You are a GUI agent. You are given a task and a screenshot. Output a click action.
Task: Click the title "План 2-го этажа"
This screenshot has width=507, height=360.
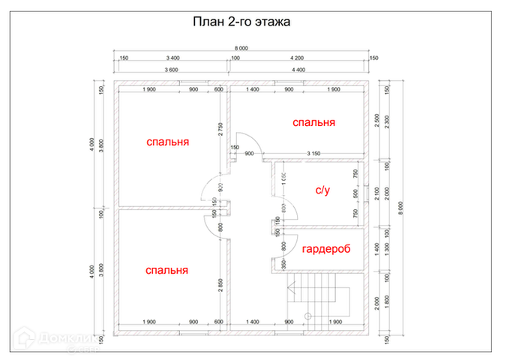pyautogui.click(x=241, y=22)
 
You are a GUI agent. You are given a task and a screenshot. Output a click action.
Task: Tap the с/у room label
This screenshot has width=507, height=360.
pyautogui.click(x=322, y=190)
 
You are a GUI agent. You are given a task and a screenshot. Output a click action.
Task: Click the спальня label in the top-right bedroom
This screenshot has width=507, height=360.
pyautogui.click(x=313, y=122)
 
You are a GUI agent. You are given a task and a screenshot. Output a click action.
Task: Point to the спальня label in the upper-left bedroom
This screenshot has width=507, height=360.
pyautogui.click(x=167, y=141)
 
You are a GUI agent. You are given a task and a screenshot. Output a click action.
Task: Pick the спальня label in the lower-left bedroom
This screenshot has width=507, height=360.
pyautogui.click(x=167, y=270)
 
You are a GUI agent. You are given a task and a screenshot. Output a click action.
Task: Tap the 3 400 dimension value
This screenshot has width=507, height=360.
pyautogui.click(x=172, y=58)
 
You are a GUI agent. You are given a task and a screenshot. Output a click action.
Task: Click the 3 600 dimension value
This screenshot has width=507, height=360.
pyautogui.click(x=171, y=70)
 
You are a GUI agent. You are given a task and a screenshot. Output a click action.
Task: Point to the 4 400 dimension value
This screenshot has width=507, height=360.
pyautogui.click(x=298, y=70)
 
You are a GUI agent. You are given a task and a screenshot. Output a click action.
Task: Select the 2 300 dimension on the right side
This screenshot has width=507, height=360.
pyautogui.click(x=387, y=121)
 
